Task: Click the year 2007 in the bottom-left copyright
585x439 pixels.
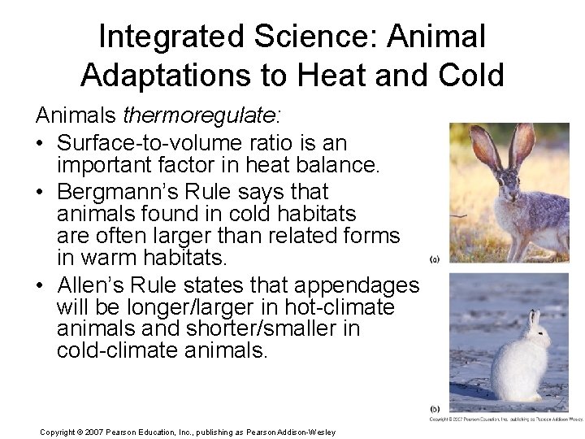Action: pos(102,432)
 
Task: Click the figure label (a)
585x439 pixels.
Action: pos(435,260)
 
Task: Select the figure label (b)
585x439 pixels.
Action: pos(435,408)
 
